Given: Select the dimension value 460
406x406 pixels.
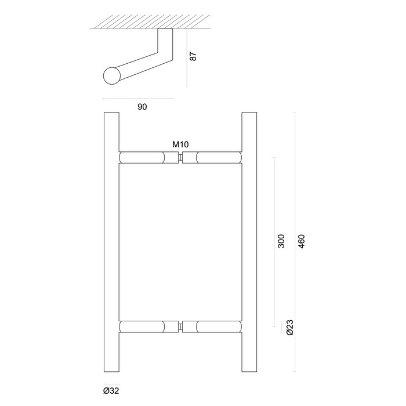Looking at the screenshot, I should pyautogui.click(x=300, y=242).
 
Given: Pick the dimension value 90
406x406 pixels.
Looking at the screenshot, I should pyautogui.click(x=143, y=107).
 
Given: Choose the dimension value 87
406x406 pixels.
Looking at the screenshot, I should pyautogui.click(x=193, y=57).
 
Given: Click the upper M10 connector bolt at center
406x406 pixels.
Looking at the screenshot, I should pyautogui.click(x=181, y=158).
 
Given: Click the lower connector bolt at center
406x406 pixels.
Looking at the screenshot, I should pyautogui.click(x=181, y=327).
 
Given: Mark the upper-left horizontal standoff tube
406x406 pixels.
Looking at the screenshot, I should pyautogui.click(x=148, y=158).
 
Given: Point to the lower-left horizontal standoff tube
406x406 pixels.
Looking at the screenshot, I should pyautogui.click(x=148, y=327).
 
